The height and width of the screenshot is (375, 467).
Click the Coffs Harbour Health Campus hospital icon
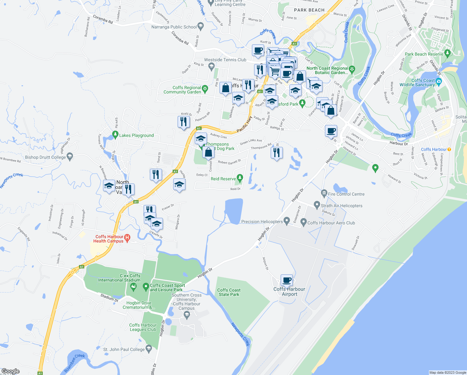click(x=127, y=238)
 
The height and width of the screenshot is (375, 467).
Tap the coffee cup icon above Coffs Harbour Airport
click(x=287, y=280)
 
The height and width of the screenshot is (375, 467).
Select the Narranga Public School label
click(x=174, y=27)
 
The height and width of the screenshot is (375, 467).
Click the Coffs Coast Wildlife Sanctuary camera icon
click(x=439, y=82)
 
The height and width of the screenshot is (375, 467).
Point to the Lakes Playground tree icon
click(x=115, y=135)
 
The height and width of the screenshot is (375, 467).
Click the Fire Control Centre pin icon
click(x=324, y=194)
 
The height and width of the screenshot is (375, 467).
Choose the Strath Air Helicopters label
click(x=342, y=206)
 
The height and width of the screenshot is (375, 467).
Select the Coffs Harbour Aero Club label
click(x=331, y=223)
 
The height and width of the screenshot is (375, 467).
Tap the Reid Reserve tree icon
click(x=240, y=178)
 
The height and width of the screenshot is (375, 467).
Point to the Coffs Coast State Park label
click(x=229, y=292)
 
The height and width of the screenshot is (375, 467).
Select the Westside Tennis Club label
click(x=225, y=60)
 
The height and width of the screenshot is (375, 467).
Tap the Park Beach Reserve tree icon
click(x=447, y=54)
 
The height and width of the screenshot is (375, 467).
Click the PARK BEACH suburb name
click(x=309, y=10)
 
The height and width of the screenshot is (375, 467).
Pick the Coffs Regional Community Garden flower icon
click(x=205, y=89)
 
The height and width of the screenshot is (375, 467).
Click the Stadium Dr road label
click(x=109, y=297)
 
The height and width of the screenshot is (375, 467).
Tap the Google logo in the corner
click(x=10, y=371)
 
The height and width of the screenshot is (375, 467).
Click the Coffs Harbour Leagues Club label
click(x=143, y=327)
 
